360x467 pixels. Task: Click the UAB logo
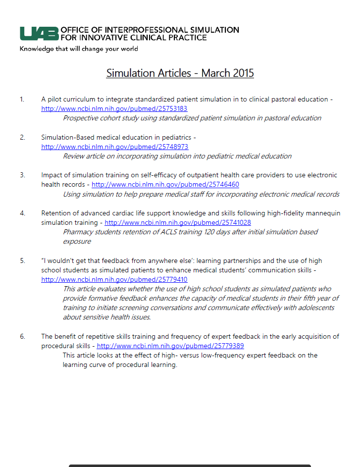[39, 33]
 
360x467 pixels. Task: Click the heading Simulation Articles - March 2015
[180, 73]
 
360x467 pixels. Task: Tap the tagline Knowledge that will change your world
[79, 49]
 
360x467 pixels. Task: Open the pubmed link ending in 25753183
[114, 108]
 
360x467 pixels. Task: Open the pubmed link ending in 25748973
[114, 147]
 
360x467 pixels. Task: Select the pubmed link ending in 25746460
[165, 185]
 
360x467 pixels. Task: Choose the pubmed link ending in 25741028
[177, 223]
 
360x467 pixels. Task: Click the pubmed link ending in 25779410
[114, 279]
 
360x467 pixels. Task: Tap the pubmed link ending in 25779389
[170, 346]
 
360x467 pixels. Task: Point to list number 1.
[22, 99]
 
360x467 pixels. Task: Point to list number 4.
[22, 213]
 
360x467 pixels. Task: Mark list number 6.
[22, 336]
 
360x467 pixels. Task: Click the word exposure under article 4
[77, 241]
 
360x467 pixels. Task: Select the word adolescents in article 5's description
[317, 308]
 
